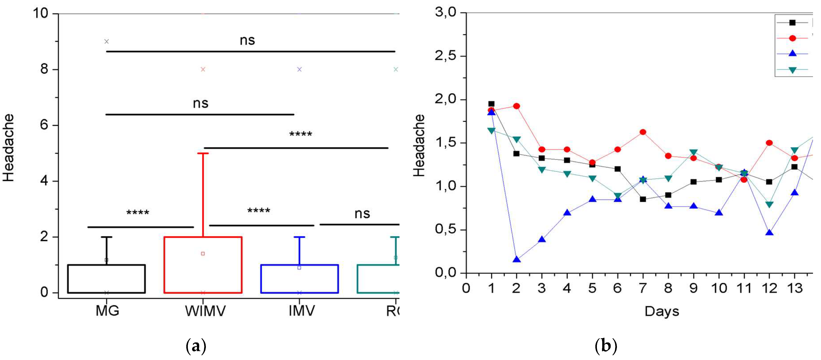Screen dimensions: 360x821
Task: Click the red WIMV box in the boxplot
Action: [x=203, y=265]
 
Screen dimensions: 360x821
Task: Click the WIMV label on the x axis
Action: [x=205, y=311]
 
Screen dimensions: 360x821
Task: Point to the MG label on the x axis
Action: [x=107, y=310]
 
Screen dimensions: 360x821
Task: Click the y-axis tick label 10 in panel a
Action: [x=41, y=13]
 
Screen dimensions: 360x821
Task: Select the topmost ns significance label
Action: [x=247, y=40]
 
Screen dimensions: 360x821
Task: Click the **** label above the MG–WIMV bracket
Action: [x=138, y=213]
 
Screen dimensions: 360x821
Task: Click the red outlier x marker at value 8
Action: [x=203, y=69]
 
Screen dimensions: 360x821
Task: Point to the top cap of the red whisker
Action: [x=203, y=153]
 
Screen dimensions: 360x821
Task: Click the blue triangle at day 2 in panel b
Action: [x=517, y=260]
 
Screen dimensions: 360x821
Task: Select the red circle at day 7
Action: [x=643, y=132]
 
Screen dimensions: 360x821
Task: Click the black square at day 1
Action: [x=491, y=104]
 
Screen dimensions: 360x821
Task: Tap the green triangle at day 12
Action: [x=769, y=204]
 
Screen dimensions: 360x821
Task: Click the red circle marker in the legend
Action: [x=792, y=38]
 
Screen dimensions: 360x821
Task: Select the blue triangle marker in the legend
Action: [x=792, y=54]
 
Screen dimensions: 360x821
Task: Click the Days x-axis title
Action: [x=662, y=311]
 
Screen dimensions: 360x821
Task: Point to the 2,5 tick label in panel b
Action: [x=445, y=56]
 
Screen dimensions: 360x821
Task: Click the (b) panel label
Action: [x=606, y=346]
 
